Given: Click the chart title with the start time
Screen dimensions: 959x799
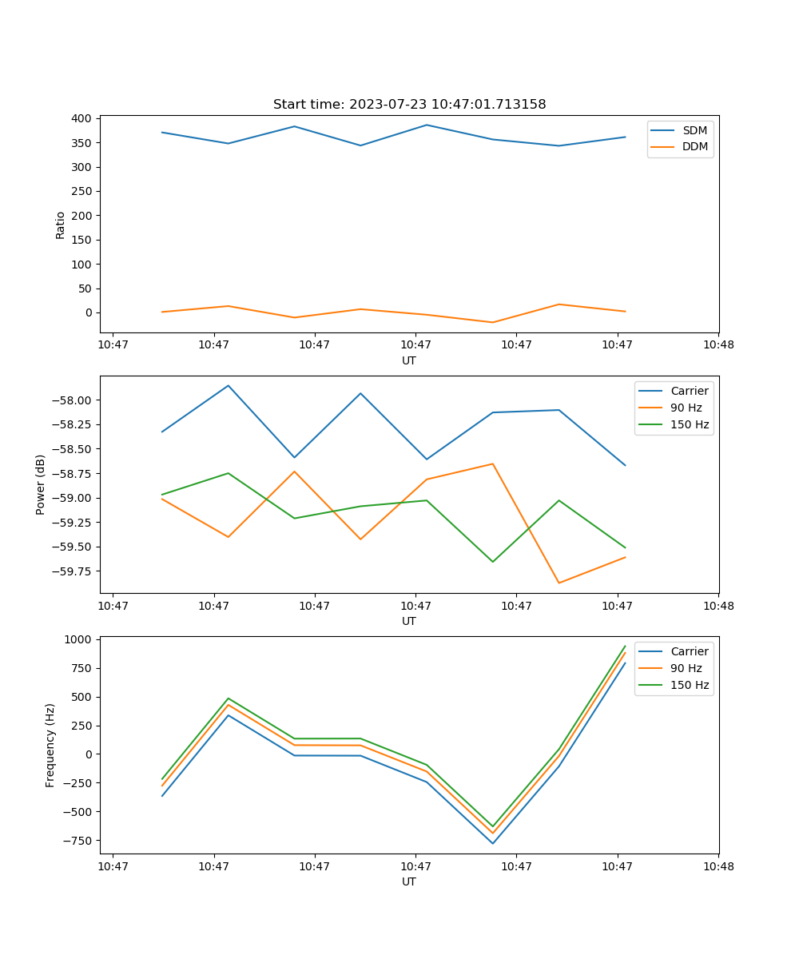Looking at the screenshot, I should pyautogui.click(x=409, y=105).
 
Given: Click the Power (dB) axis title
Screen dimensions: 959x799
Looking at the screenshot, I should pyautogui.click(x=41, y=484).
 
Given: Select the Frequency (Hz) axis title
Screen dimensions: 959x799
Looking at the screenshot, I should pyautogui.click(x=50, y=745).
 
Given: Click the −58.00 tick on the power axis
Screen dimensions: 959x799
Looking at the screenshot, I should pyautogui.click(x=74, y=400).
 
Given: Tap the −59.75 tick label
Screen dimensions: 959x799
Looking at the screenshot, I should pyautogui.click(x=74, y=571).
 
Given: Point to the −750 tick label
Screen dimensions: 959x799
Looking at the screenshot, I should pyautogui.click(x=78, y=841).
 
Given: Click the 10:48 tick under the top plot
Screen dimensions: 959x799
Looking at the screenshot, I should pyautogui.click(x=718, y=345).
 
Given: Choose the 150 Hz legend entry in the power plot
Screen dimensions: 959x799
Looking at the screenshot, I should pyautogui.click(x=690, y=424).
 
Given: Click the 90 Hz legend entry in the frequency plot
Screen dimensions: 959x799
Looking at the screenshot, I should pyautogui.click(x=686, y=668).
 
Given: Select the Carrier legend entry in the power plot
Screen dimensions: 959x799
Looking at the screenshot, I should pyautogui.click(x=689, y=391).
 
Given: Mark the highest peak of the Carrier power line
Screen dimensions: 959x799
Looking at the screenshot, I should pyautogui.click(x=229, y=386).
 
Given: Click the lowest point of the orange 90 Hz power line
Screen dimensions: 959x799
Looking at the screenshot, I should pyautogui.click(x=559, y=583).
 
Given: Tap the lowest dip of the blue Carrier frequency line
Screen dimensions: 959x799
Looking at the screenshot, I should pyautogui.click(x=492, y=843).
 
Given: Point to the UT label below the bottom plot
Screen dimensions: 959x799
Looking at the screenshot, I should pyautogui.click(x=409, y=881).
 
